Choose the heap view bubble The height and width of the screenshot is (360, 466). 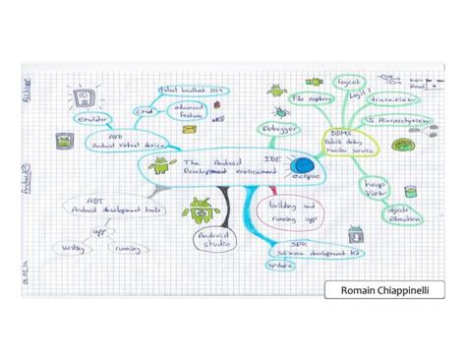click(379, 188)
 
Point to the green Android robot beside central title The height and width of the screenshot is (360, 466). click(159, 167)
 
